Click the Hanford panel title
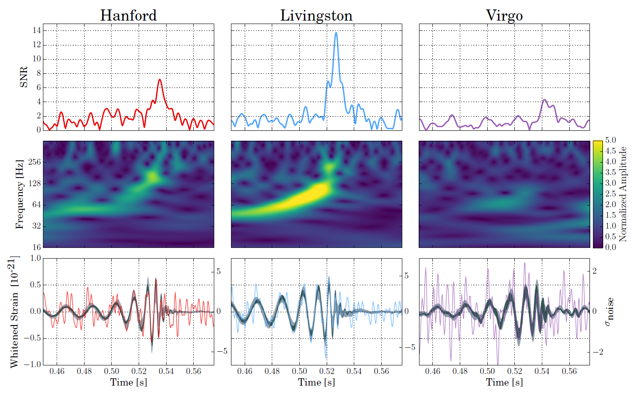[x=128, y=15]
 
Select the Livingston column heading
[x=316, y=15]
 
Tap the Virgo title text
[x=504, y=15]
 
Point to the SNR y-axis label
[x=24, y=77]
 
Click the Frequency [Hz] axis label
[x=19, y=194]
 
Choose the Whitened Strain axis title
[x=14, y=312]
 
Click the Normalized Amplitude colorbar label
[x=623, y=194]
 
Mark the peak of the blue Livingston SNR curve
[x=336, y=33]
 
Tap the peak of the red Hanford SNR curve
[x=160, y=79]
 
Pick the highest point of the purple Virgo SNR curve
[x=544, y=100]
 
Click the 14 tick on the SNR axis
[x=36, y=30]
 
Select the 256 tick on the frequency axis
[x=34, y=162]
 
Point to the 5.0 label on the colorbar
[x=611, y=140]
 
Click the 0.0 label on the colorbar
[x=611, y=247]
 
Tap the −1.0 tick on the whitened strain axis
[x=32, y=365]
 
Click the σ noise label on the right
[x=609, y=312]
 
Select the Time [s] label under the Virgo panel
[x=504, y=382]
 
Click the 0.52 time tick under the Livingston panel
[x=327, y=371]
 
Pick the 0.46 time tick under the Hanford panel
[x=57, y=371]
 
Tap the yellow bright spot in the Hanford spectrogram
[x=152, y=176]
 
